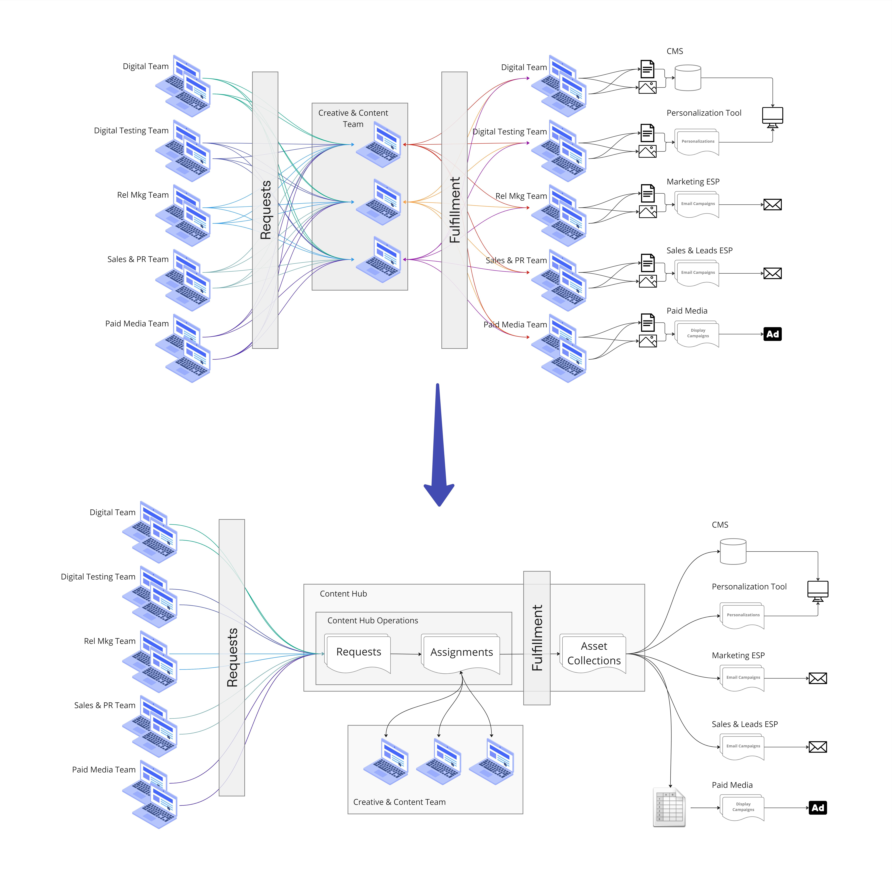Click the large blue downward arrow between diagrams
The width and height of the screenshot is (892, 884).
(x=439, y=444)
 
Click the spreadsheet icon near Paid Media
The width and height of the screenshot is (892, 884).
(x=669, y=807)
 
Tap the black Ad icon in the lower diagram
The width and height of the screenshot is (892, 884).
(x=818, y=808)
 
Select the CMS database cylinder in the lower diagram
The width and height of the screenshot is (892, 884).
(x=733, y=551)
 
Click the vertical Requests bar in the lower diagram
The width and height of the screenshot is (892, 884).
(x=232, y=657)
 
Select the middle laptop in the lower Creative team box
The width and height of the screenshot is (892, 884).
(x=439, y=762)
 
